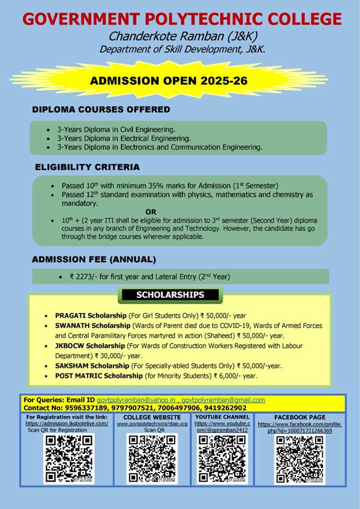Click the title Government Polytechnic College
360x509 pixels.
click(x=182, y=19)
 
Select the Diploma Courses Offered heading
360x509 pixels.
click(x=101, y=110)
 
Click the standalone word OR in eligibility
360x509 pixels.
click(x=151, y=212)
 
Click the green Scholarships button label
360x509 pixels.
click(x=170, y=295)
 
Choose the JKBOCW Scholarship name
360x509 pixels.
click(x=90, y=346)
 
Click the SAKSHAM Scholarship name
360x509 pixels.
click(x=92, y=366)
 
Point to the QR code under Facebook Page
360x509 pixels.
click(x=299, y=459)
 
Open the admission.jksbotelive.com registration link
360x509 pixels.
click(x=67, y=423)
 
